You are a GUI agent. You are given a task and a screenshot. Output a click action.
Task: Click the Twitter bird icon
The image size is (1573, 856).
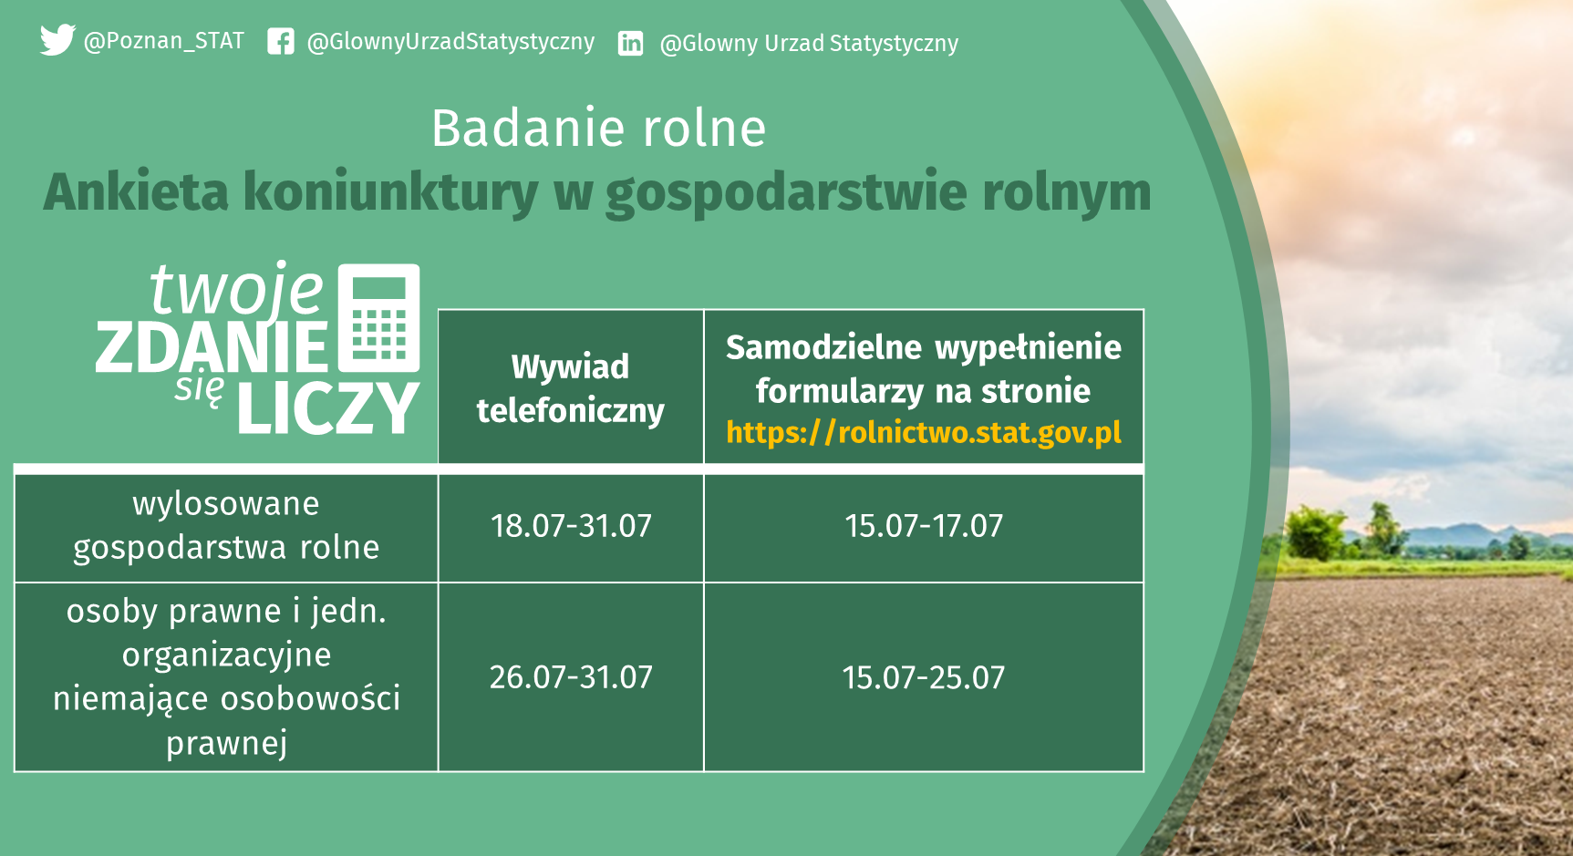(x=57, y=40)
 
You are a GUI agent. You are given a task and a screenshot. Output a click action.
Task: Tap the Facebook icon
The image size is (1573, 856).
(x=281, y=42)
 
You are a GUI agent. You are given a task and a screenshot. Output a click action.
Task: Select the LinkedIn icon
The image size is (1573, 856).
(x=630, y=44)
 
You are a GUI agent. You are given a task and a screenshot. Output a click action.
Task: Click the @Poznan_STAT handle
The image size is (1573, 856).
(x=164, y=41)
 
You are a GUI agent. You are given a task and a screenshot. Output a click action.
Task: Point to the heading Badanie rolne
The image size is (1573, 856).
(x=598, y=128)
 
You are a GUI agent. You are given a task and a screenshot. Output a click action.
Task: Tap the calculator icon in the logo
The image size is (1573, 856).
(x=378, y=318)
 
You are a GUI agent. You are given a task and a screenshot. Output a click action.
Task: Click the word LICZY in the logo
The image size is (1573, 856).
(x=328, y=408)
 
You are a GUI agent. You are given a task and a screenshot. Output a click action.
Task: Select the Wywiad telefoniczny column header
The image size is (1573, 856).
(x=571, y=388)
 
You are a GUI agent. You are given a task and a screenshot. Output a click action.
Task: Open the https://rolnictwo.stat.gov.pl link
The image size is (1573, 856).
(x=924, y=432)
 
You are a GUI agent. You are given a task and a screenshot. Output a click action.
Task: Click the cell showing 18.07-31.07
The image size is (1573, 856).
(x=571, y=526)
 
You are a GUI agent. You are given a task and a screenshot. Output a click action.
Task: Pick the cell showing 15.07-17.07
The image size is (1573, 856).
(x=924, y=526)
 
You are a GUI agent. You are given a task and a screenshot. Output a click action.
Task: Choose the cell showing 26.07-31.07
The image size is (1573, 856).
(x=571, y=677)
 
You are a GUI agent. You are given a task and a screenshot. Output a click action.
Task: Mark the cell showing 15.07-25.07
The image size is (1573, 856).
(x=924, y=677)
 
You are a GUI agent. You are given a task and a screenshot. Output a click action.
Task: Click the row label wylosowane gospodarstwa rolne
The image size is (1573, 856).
(x=226, y=526)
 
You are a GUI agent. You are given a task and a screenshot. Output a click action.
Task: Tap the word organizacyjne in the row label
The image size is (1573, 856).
(x=227, y=655)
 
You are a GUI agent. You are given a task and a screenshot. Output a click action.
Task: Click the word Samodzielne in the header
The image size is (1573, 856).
(x=824, y=347)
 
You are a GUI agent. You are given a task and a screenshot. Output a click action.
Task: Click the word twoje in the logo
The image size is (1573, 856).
(x=237, y=289)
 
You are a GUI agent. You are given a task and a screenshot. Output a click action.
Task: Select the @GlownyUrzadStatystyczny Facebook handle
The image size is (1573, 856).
(x=450, y=42)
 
